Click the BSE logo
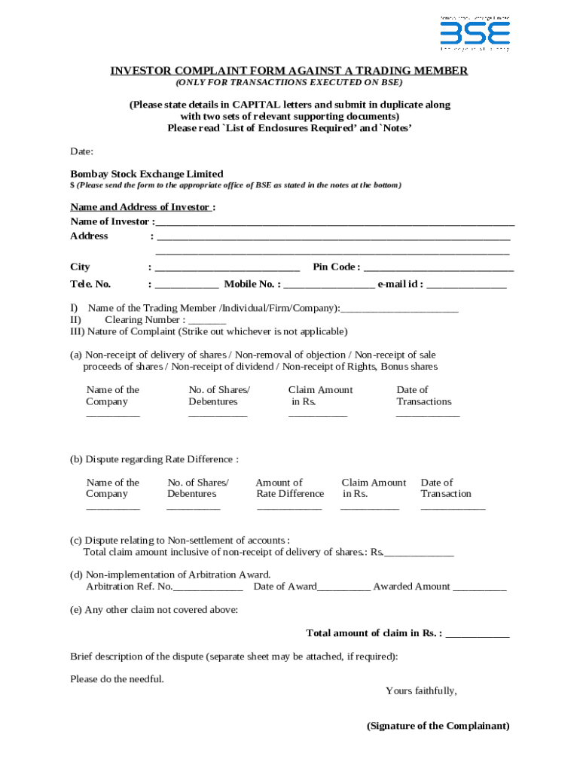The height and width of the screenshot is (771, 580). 475,33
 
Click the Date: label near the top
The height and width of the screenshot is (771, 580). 82,151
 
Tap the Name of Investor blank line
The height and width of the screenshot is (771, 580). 335,223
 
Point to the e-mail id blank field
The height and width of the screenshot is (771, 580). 466,285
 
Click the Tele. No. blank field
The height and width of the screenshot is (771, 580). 187,285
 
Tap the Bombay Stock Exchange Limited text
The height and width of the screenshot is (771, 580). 147,174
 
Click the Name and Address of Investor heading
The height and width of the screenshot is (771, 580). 143,207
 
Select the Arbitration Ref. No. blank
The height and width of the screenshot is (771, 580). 208,588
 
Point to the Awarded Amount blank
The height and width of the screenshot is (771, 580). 480,588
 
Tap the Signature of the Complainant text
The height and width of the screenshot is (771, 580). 438,726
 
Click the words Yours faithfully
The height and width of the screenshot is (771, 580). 421,690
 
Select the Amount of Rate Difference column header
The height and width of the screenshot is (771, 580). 290,488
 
